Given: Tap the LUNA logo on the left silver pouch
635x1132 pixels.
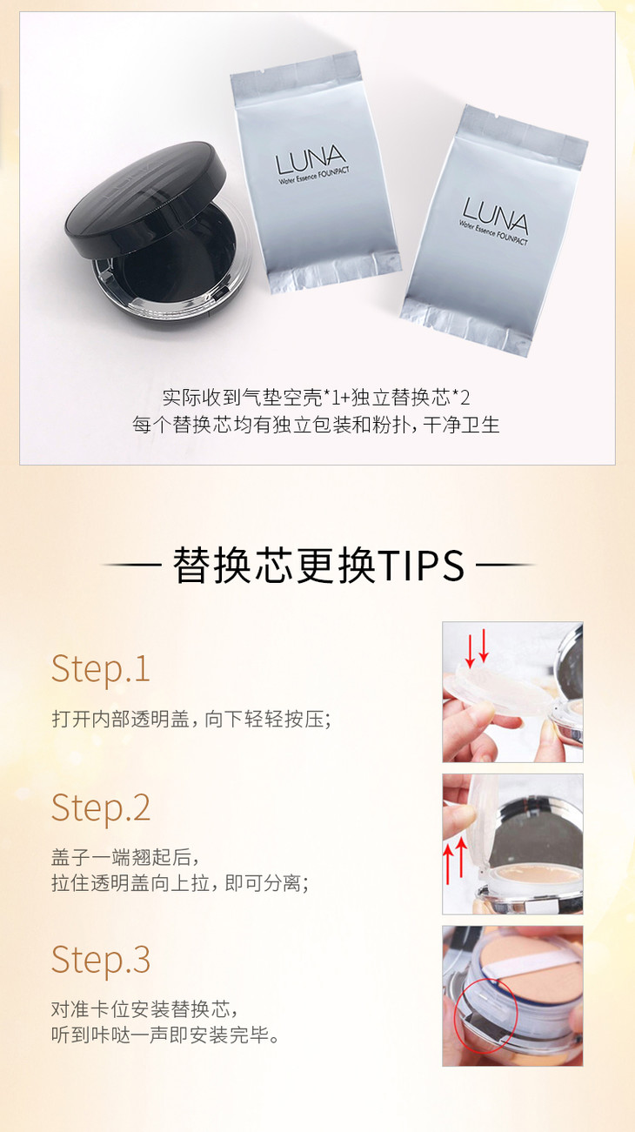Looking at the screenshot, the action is [x=311, y=160].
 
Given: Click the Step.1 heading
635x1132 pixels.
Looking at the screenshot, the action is [x=101, y=669].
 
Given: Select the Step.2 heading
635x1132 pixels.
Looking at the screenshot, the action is [x=101, y=807].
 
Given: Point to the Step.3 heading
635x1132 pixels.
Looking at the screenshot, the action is [x=101, y=959].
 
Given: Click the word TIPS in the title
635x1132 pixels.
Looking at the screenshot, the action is [x=420, y=566].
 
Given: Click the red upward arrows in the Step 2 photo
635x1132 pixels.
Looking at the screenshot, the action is [x=454, y=861].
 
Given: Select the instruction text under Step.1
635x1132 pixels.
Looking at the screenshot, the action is [x=191, y=719].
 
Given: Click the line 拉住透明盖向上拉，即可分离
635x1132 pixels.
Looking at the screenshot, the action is [x=180, y=882].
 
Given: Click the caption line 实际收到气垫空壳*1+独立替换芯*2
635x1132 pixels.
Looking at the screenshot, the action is [x=317, y=398].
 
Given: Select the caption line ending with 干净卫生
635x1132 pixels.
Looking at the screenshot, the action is [x=317, y=425].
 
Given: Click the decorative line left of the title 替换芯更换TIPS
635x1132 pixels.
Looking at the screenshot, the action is [x=131, y=565].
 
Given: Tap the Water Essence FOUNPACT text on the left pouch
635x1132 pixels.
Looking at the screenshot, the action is [x=314, y=175].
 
